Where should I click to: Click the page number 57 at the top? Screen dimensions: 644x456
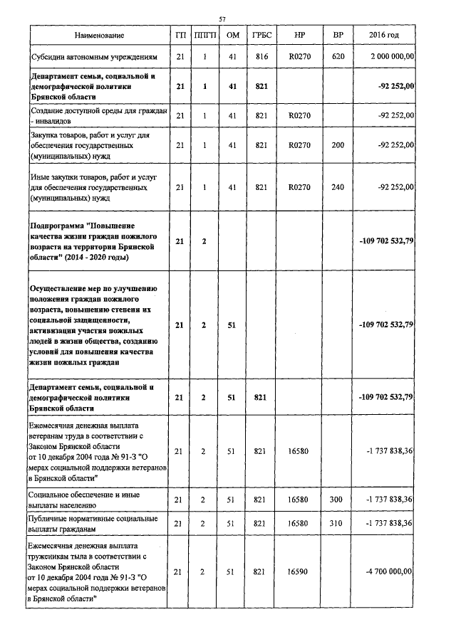[222, 18]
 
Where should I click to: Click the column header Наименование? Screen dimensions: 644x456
[98, 36]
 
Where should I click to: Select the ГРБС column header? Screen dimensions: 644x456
[260, 36]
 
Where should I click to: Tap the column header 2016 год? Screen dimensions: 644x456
[383, 36]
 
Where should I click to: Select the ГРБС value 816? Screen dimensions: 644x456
[260, 56]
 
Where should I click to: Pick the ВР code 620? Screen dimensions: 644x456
[338, 56]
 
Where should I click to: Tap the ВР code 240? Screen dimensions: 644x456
[338, 187]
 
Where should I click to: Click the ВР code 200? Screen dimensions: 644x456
[338, 145]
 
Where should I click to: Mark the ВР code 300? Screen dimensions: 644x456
[338, 500]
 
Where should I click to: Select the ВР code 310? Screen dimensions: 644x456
[338, 524]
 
